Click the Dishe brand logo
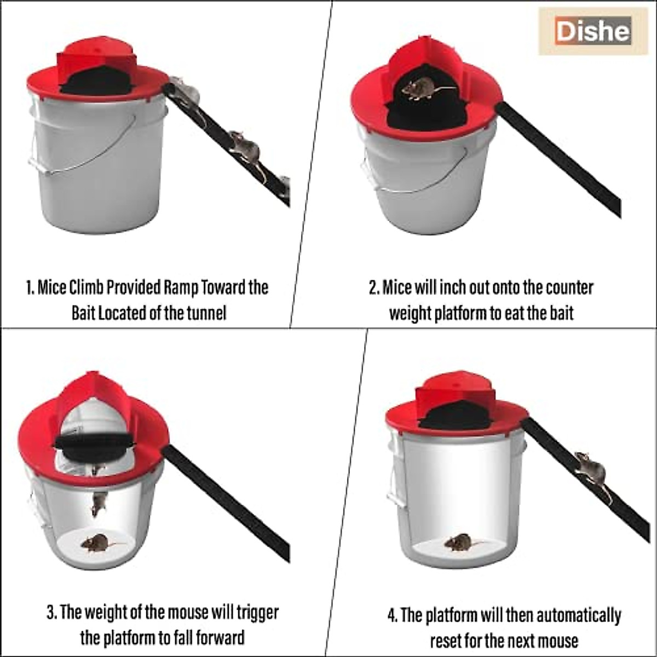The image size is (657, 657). [x=592, y=31]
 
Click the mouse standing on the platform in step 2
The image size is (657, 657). [x=422, y=88]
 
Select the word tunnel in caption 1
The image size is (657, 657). [x=206, y=314]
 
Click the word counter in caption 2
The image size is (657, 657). [x=566, y=287]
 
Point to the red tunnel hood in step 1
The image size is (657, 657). [x=96, y=57]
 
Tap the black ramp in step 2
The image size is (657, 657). [x=564, y=159]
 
